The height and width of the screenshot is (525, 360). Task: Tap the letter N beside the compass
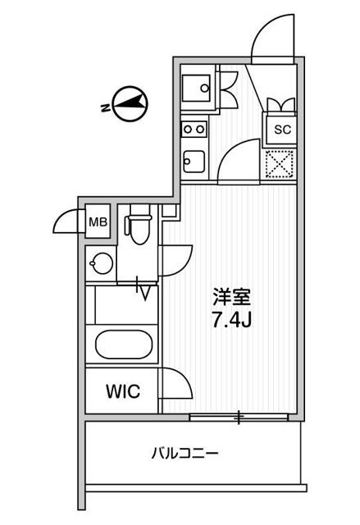[x=105, y=107]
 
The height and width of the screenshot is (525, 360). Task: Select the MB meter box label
[x=98, y=221]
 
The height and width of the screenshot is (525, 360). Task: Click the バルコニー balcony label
[x=185, y=453]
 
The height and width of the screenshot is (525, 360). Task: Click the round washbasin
[x=101, y=264]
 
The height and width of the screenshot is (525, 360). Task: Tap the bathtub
[x=124, y=342]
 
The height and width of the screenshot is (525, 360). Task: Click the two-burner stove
[x=194, y=129]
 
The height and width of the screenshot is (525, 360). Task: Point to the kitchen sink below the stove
[x=194, y=160]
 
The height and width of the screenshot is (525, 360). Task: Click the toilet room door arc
[x=175, y=262]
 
